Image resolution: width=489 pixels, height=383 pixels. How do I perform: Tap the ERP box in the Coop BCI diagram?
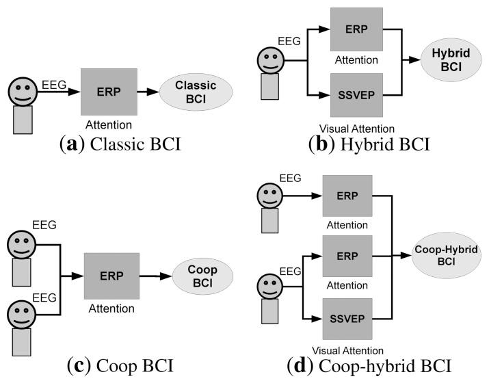click(x=111, y=276)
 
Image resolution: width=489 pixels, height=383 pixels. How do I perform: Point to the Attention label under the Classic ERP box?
click(x=107, y=125)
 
